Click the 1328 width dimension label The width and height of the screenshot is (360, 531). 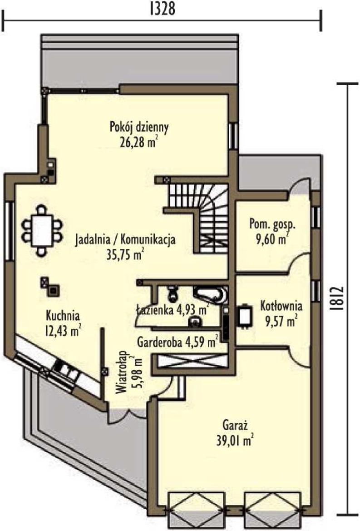coord(163,9)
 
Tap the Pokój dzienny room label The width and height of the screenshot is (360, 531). coord(139,127)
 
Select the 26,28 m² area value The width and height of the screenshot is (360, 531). coord(139,142)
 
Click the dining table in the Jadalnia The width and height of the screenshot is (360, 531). coord(42,230)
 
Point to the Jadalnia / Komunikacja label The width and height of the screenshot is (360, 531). coord(125,239)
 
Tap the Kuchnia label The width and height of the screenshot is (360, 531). coord(63,315)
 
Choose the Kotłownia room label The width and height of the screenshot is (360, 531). coord(281,306)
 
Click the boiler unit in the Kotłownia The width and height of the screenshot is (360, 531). coord(245,316)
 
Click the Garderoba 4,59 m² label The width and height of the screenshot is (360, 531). coord(177,342)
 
